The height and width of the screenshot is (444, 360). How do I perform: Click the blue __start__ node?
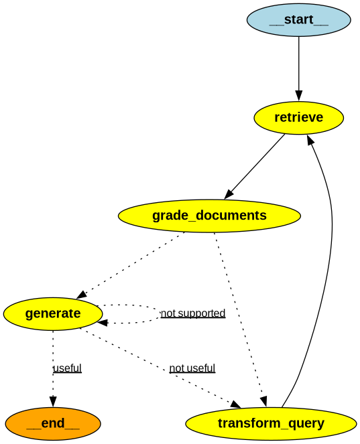298,19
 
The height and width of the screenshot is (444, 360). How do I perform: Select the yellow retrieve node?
298,118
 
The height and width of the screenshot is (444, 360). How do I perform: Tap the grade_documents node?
209,216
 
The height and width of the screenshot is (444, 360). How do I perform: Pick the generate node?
53,313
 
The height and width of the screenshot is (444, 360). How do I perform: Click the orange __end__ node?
53,423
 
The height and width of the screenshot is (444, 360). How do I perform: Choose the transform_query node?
271,423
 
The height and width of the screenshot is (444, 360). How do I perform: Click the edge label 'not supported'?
193,313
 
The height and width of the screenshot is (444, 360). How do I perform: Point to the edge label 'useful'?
67,368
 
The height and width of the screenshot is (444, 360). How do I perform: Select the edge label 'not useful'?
192,368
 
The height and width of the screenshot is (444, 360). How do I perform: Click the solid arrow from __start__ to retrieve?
298,67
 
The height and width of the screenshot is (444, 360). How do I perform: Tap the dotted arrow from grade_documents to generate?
131,265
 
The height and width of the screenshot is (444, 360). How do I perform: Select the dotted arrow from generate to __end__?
53,362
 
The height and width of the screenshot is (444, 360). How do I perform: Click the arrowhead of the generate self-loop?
103,323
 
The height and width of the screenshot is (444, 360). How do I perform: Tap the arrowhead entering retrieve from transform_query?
310,139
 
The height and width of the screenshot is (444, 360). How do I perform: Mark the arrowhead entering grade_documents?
229,194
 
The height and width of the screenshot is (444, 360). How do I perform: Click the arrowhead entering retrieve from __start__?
298,95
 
